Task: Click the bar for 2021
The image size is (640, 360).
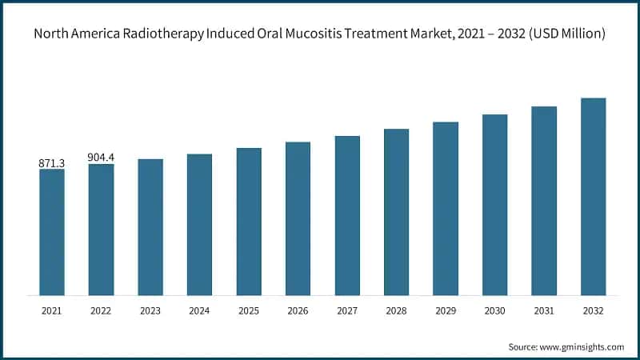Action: [x=52, y=232]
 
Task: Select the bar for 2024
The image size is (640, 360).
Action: [x=199, y=224]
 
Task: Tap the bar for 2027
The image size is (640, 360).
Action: [x=347, y=215]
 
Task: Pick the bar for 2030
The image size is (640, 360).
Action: [x=494, y=205]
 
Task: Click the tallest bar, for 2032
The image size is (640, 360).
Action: [x=593, y=196]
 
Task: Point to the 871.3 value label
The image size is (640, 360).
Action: [x=52, y=163]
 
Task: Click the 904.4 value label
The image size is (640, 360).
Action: [x=101, y=158]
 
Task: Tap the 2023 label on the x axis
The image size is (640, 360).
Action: [x=150, y=310]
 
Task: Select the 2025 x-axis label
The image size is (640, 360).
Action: [x=249, y=310]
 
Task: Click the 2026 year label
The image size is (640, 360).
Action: [x=298, y=310]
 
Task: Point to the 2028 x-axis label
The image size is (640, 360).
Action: [x=396, y=310]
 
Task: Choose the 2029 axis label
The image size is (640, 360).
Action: [x=446, y=310]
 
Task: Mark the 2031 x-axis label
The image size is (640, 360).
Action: [x=544, y=310]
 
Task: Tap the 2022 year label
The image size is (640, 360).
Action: [x=101, y=310]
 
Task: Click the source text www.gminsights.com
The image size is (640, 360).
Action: [x=582, y=346]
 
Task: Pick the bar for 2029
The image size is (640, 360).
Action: [x=446, y=208]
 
